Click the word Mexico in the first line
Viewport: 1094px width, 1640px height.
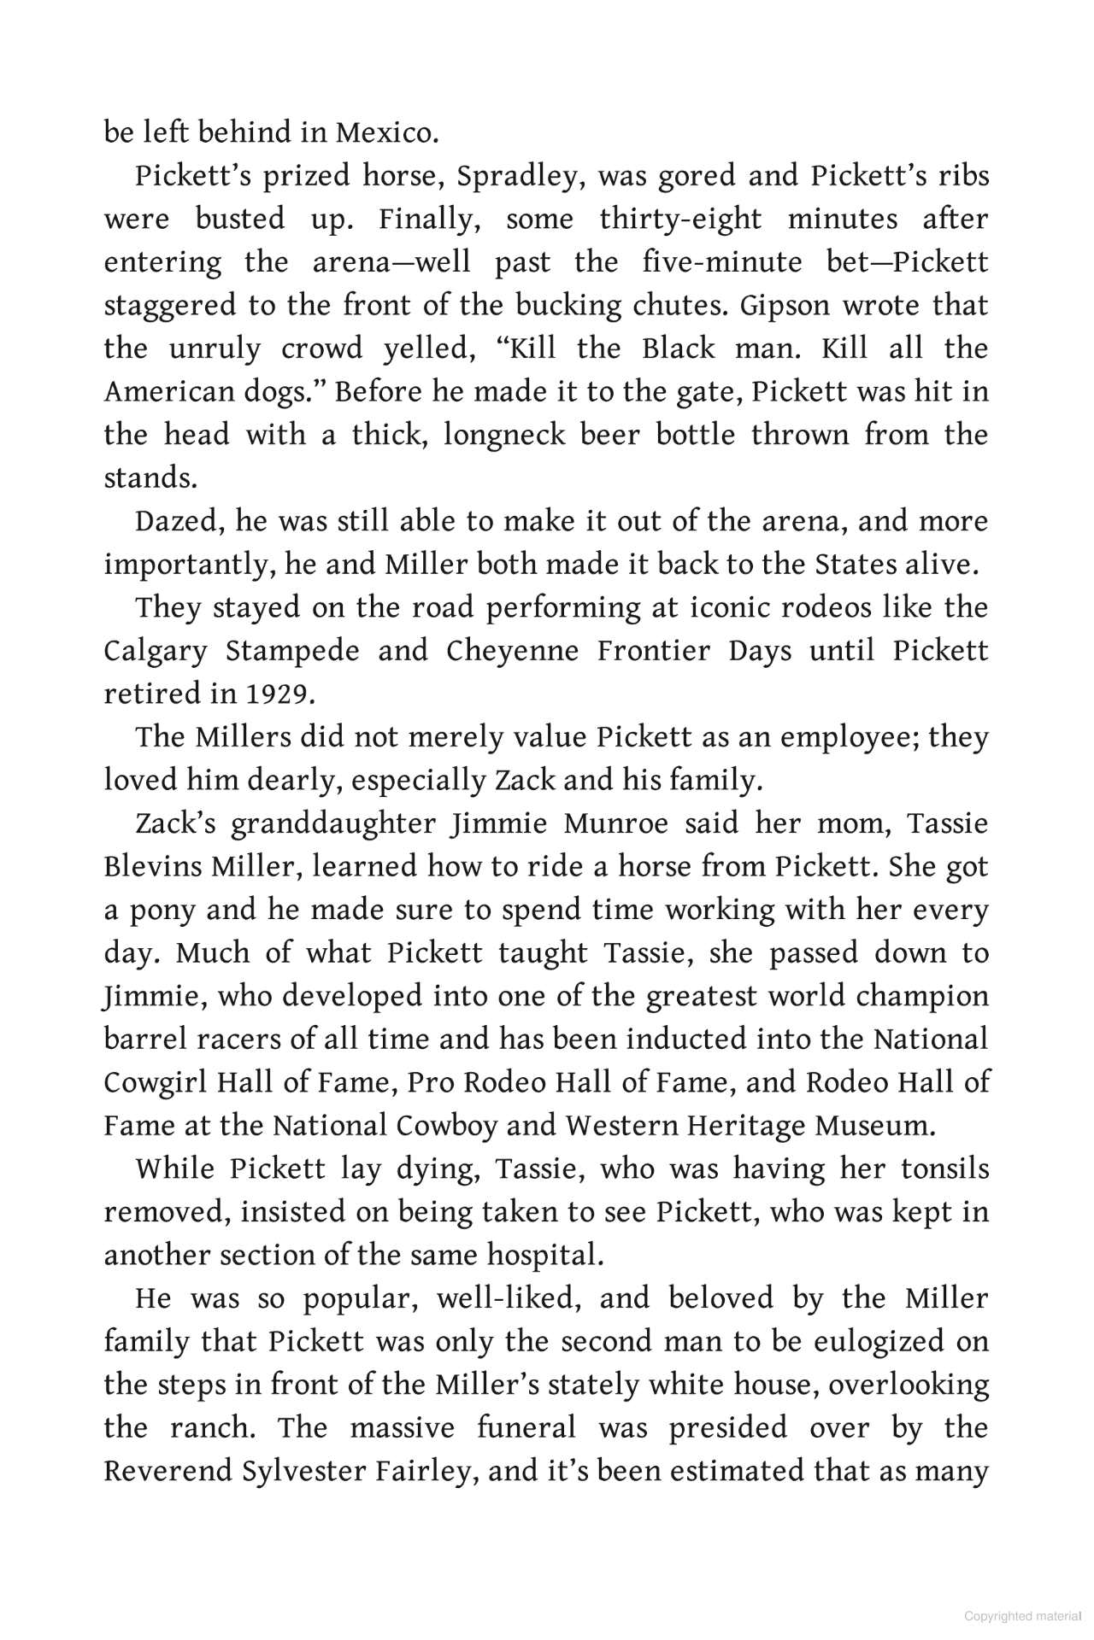click(x=386, y=133)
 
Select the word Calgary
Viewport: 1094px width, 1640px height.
click(x=156, y=651)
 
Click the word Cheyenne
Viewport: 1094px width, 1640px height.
click(x=512, y=651)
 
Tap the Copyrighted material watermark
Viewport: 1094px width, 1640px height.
click(x=1022, y=1616)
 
